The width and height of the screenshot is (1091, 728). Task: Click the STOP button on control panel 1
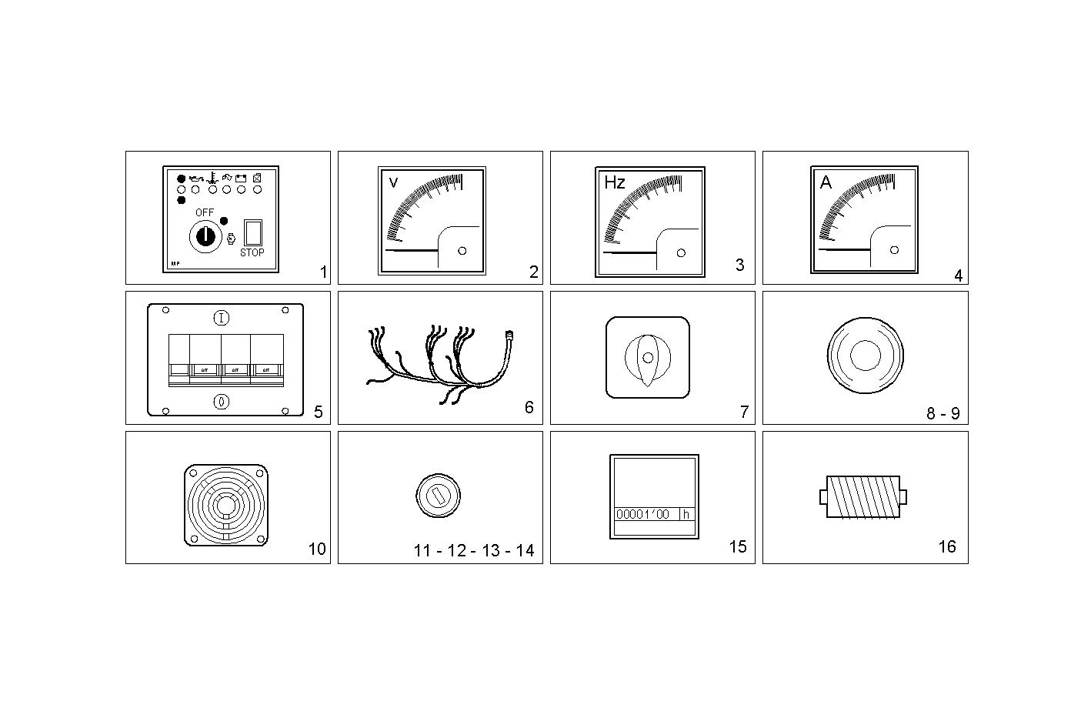tap(252, 232)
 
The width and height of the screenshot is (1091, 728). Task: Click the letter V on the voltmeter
tap(394, 182)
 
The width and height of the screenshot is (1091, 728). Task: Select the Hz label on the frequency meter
tap(615, 182)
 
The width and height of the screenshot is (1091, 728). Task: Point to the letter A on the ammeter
tap(826, 182)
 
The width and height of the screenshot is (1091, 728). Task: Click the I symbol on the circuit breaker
tap(221, 317)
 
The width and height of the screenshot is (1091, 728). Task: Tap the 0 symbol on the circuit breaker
tap(221, 401)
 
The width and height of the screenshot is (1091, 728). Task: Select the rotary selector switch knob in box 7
tap(648, 358)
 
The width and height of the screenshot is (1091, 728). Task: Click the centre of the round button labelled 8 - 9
tap(865, 356)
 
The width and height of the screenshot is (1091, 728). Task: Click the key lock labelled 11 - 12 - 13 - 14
tap(437, 493)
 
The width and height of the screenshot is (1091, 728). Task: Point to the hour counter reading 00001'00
tap(643, 514)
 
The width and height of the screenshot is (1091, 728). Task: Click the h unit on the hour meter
tap(686, 514)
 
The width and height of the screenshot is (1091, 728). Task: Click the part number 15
tap(737, 546)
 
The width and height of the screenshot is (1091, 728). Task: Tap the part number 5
tap(319, 412)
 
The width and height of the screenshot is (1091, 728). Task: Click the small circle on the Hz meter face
tap(681, 253)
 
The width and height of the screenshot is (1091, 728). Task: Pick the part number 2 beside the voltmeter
tap(533, 272)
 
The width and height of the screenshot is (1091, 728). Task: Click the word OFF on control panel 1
tap(205, 212)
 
